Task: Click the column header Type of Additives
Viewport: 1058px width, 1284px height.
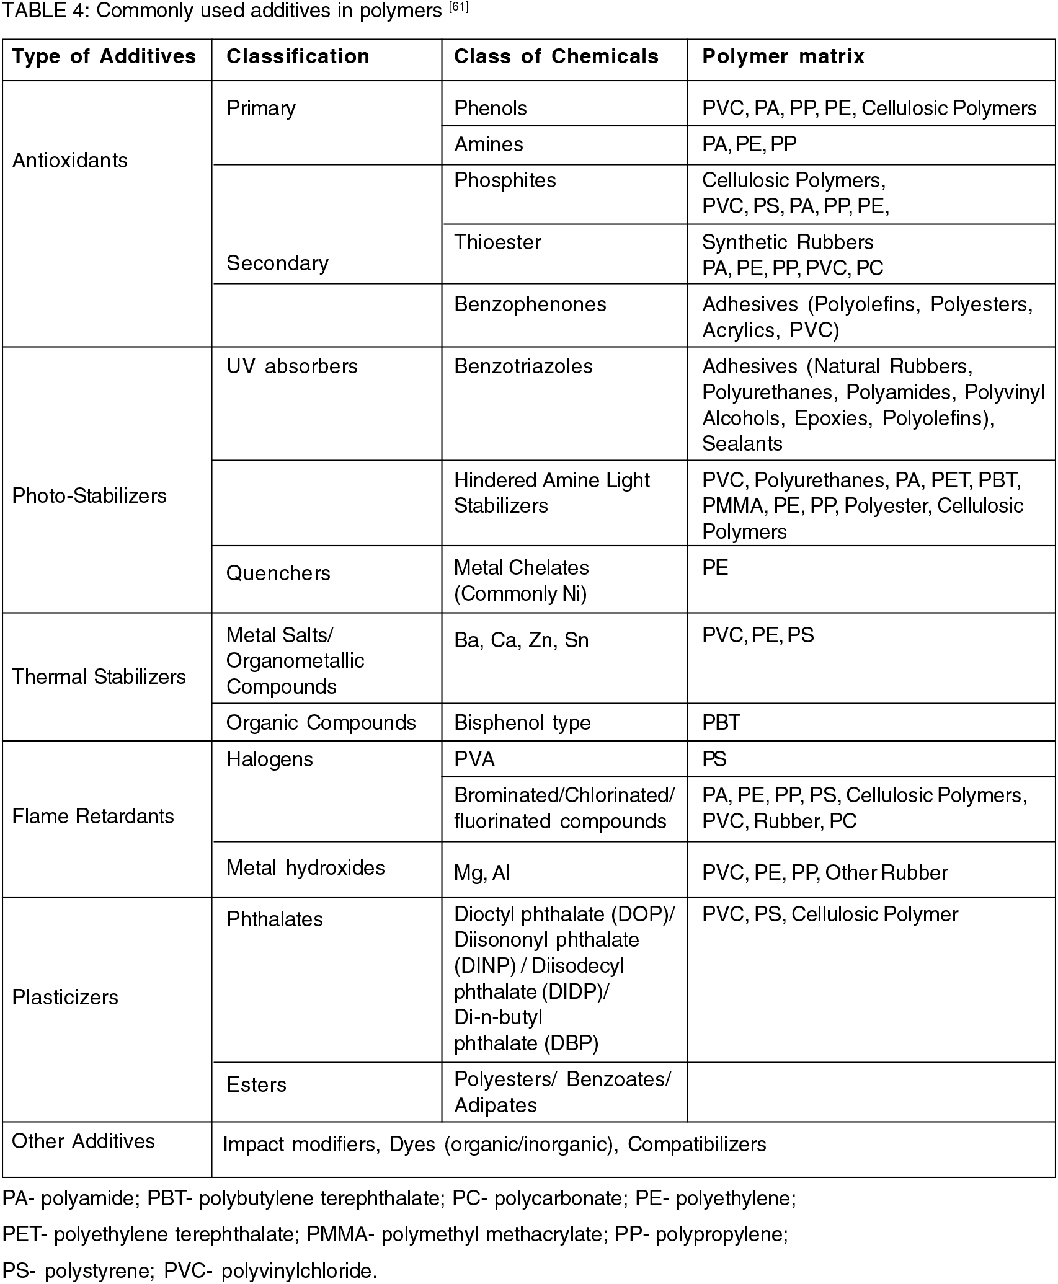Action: [x=104, y=56]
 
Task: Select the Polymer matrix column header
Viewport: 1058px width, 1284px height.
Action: [x=783, y=56]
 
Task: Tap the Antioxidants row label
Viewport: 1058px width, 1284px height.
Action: [x=70, y=161]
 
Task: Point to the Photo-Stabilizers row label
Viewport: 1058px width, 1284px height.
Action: [x=89, y=495]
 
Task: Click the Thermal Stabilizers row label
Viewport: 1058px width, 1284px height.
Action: [x=99, y=676]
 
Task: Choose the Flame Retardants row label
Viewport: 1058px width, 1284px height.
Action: [x=93, y=816]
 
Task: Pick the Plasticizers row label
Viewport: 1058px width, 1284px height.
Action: [x=65, y=997]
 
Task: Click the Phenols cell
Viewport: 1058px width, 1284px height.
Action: [x=491, y=108]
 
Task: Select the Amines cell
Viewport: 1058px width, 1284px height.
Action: [x=489, y=144]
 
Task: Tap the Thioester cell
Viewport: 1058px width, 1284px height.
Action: [x=497, y=242]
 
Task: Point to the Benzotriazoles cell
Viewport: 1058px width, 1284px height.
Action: [x=523, y=366]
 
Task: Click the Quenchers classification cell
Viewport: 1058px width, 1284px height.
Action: [x=278, y=573]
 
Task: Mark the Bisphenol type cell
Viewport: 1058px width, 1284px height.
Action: [x=522, y=722]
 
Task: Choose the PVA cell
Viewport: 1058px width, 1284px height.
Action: [x=474, y=759]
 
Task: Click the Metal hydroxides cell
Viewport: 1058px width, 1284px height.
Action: [x=306, y=867]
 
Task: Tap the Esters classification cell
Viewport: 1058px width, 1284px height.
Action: [x=257, y=1084]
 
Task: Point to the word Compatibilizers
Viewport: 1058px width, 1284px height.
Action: [x=697, y=1144]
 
